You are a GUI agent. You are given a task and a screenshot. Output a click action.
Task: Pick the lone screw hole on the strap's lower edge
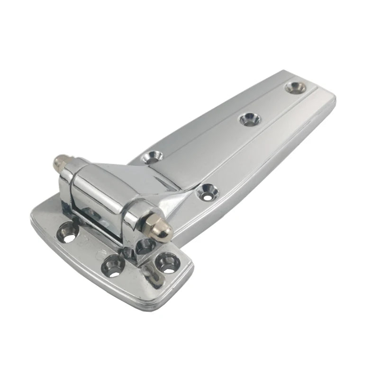click(x=207, y=191)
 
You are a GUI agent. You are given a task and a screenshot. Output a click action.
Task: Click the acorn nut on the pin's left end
click(x=60, y=163)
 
